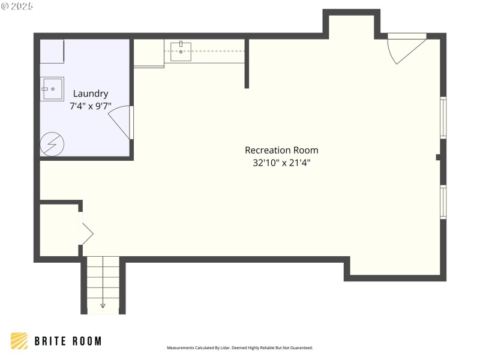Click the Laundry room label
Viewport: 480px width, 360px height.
click(x=91, y=94)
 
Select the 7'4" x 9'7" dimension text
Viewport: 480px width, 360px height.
click(x=91, y=106)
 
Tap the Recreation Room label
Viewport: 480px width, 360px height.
click(x=281, y=150)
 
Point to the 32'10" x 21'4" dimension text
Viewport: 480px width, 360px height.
click(x=281, y=162)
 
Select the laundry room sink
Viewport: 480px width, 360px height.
click(x=52, y=89)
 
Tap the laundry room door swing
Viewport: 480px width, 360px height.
click(x=122, y=122)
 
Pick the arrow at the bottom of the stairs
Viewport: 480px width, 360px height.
click(x=103, y=304)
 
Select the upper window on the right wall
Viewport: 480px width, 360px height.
click(x=443, y=118)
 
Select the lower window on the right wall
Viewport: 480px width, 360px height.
click(x=443, y=202)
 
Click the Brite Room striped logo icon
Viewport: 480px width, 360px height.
click(x=19, y=341)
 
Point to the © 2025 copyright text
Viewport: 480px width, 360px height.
click(x=17, y=5)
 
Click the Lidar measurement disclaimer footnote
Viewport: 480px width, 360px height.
click(x=239, y=348)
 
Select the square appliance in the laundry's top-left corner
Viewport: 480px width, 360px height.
click(x=52, y=52)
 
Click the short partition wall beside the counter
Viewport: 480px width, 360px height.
click(x=247, y=64)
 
